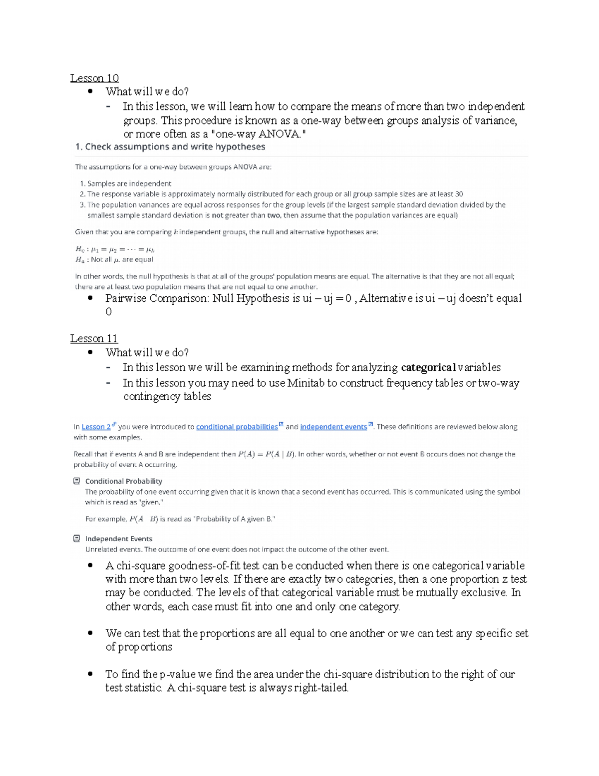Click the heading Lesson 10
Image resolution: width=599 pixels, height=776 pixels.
pyautogui.click(x=94, y=78)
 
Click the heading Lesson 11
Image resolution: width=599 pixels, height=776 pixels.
pyautogui.click(x=94, y=339)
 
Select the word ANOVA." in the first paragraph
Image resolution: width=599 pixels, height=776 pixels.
pyautogui.click(x=282, y=134)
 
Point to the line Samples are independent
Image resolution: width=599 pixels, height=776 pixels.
pyautogui.click(x=129, y=183)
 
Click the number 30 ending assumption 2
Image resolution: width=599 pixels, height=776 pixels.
pyautogui.click(x=459, y=194)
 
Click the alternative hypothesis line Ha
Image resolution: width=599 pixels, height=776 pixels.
pyautogui.click(x=114, y=259)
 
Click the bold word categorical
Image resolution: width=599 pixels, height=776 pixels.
pyautogui.click(x=428, y=368)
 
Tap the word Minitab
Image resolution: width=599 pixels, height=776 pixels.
pyautogui.click(x=305, y=383)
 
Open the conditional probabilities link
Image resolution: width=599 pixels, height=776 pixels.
pyautogui.click(x=237, y=427)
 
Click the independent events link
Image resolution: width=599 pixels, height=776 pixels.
pyautogui.click(x=333, y=427)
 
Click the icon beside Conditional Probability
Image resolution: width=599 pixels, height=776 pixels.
pyautogui.click(x=76, y=481)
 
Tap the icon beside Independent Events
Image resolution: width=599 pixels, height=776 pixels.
pyautogui.click(x=76, y=539)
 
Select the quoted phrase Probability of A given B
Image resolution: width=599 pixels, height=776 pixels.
pyautogui.click(x=235, y=519)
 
